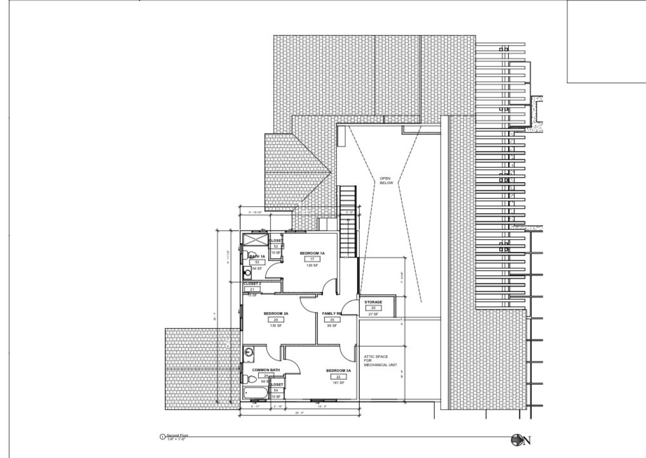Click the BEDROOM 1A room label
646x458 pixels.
(x=312, y=253)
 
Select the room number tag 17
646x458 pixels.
(x=312, y=259)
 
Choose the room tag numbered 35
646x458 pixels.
(x=331, y=320)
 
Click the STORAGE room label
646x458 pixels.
(x=373, y=302)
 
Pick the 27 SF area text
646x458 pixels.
(x=373, y=314)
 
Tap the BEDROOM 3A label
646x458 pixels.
(x=338, y=370)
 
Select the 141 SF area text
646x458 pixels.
(x=338, y=383)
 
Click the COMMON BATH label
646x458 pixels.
(x=266, y=370)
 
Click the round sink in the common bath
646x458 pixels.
(x=249, y=353)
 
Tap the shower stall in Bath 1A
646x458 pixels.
(x=256, y=242)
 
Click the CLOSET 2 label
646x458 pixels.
(x=252, y=284)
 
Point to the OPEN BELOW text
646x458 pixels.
(x=386, y=181)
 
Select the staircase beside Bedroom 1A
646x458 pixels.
(x=348, y=222)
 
